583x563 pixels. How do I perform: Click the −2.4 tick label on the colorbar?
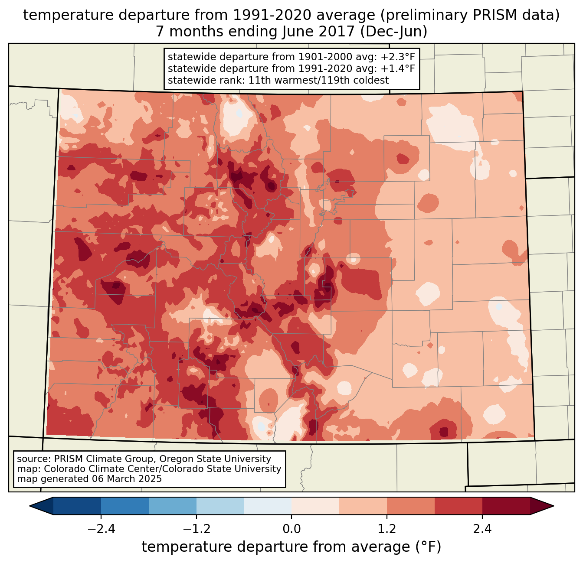tap(101, 529)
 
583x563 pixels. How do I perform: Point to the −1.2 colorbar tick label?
tap(196, 529)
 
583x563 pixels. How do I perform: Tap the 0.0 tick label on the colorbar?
tap(291, 529)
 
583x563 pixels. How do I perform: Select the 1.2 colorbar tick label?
tap(387, 529)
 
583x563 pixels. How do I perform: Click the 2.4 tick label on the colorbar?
tap(482, 529)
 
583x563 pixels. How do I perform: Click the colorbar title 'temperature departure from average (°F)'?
tap(291, 547)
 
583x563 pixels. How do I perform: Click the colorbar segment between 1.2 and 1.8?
tap(411, 506)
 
